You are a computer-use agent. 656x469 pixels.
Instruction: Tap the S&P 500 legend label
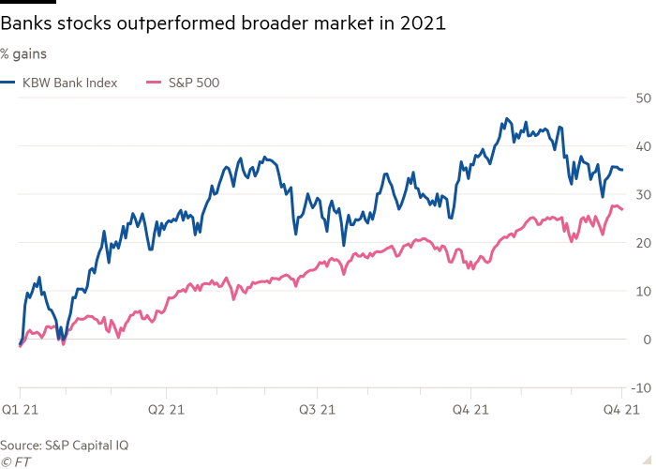(x=194, y=83)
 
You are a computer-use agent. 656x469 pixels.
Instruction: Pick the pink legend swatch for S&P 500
(x=156, y=83)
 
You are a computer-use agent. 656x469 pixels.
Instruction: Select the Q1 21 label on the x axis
(x=20, y=409)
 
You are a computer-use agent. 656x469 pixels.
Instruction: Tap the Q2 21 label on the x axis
(x=166, y=409)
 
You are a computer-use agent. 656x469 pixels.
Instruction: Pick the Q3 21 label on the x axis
(x=317, y=409)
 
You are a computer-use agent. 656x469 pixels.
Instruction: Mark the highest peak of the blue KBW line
(x=507, y=118)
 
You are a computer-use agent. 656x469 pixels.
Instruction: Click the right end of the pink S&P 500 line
(x=623, y=210)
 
